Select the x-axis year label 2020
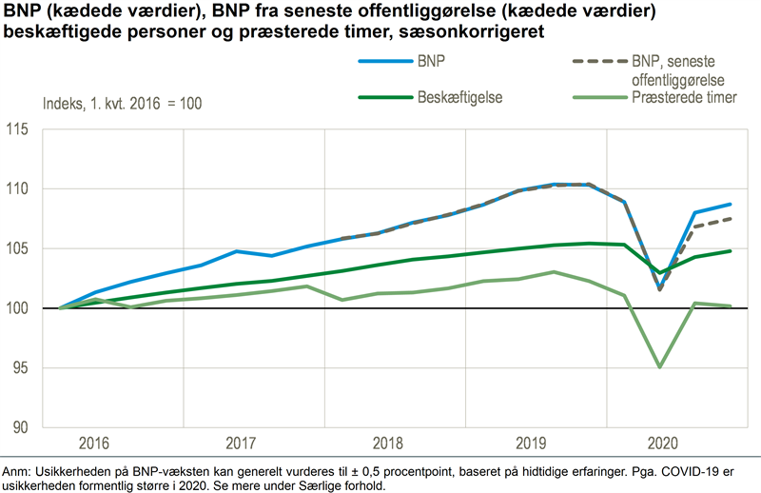click(x=663, y=444)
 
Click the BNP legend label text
click(x=432, y=61)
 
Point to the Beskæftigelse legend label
click(x=460, y=97)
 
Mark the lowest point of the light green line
click(x=659, y=366)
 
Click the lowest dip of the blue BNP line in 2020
click(x=659, y=288)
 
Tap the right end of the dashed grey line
click(x=731, y=219)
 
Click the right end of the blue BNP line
click(x=731, y=204)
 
